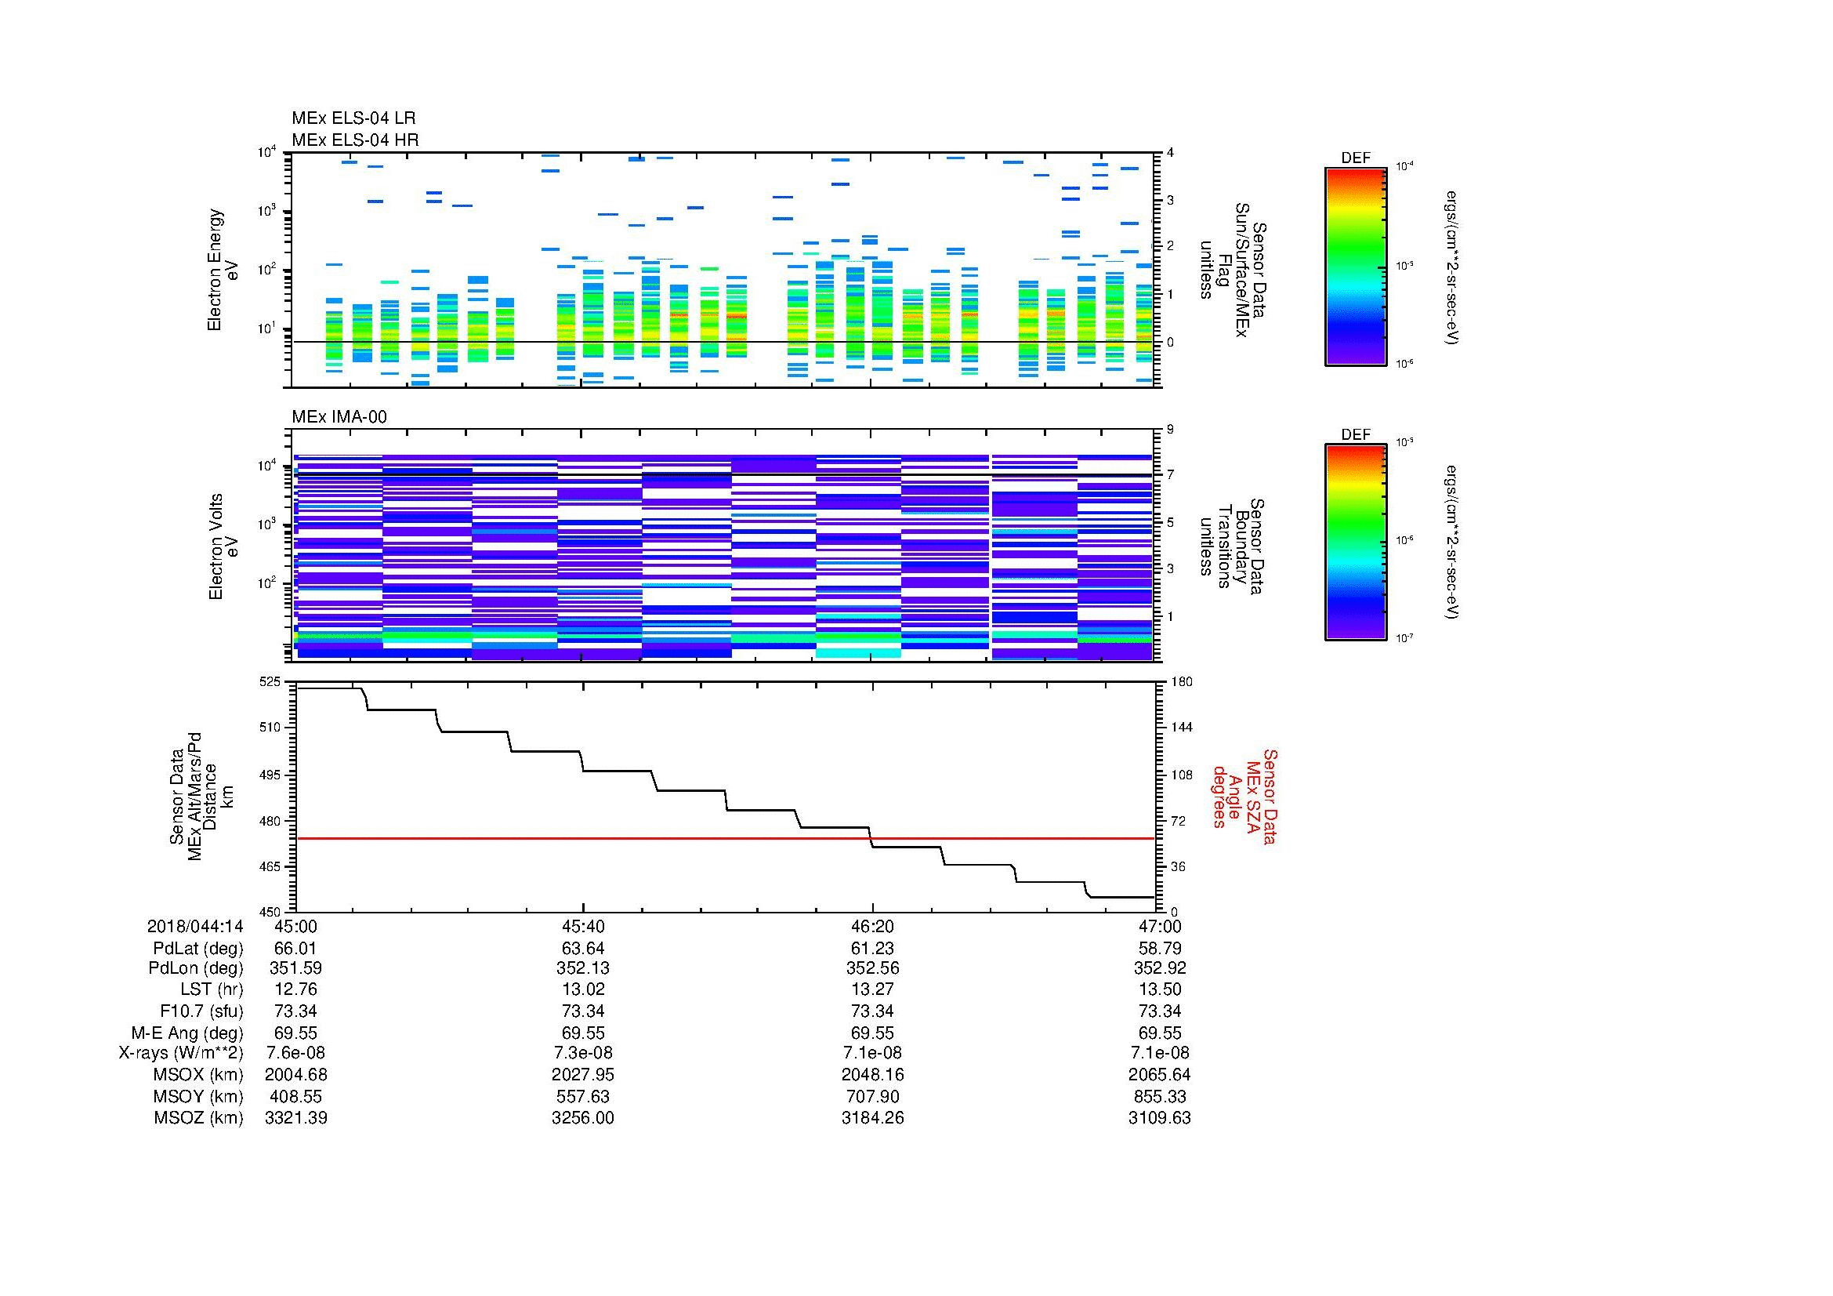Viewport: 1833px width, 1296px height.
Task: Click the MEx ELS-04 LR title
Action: (x=353, y=118)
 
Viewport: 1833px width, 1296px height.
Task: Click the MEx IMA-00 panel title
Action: (x=339, y=417)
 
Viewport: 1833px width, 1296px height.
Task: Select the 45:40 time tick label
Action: (x=583, y=926)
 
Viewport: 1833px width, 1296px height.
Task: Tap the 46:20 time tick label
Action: (x=872, y=926)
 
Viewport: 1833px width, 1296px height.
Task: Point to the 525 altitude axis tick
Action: (x=270, y=682)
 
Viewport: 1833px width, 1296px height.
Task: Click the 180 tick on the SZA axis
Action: (x=1181, y=682)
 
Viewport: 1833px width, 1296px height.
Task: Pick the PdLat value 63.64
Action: (x=583, y=949)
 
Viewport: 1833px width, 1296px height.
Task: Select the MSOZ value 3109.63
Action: (x=1159, y=1118)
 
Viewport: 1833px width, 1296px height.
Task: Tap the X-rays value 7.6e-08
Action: (x=295, y=1053)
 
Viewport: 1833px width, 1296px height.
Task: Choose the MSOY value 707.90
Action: (x=872, y=1096)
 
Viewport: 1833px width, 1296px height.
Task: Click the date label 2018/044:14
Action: (x=195, y=926)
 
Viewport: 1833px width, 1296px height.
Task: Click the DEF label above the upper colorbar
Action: (x=1355, y=158)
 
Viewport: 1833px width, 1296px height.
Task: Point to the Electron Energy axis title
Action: (x=214, y=270)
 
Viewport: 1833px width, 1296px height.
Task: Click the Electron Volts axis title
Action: (x=215, y=547)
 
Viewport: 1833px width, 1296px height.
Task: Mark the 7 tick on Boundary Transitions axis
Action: (x=1170, y=475)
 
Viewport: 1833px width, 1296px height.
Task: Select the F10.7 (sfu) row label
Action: (x=201, y=1011)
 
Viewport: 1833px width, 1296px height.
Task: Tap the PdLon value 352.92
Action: (x=1159, y=967)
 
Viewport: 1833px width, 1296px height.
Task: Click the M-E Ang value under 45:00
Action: (x=295, y=1033)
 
